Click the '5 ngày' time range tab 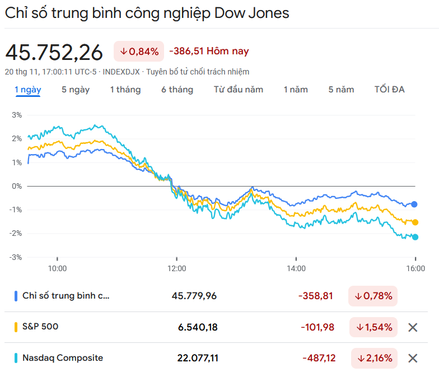click(76, 90)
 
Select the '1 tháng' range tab click(125, 90)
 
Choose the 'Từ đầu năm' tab click(238, 90)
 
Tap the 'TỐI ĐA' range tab click(389, 90)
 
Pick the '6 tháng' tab click(177, 90)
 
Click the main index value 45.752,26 click(54, 52)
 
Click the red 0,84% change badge click(139, 52)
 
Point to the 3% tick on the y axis click(16, 115)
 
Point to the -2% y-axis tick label click(16, 234)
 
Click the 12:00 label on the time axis click(177, 268)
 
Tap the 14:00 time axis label click(296, 268)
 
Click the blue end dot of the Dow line click(414, 204)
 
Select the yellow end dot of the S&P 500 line click(415, 222)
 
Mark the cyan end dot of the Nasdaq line click(415, 237)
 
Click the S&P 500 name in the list click(40, 327)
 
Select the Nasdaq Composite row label click(63, 357)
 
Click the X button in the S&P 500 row click(413, 328)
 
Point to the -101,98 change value click(318, 327)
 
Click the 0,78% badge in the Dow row click(373, 296)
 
